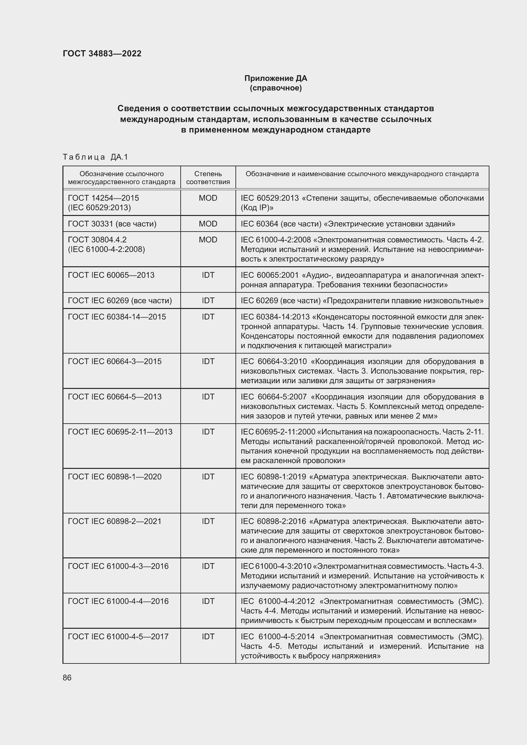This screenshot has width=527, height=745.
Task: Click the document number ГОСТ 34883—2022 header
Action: tap(102, 54)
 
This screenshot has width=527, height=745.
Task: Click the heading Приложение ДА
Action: tap(276, 78)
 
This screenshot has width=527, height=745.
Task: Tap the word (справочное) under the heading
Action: tap(276, 88)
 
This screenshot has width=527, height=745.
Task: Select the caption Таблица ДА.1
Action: tap(95, 157)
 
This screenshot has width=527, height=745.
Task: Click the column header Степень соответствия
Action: tap(208, 178)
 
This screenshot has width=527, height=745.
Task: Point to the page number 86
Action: tap(67, 677)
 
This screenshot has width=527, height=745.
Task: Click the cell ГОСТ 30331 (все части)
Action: tap(112, 224)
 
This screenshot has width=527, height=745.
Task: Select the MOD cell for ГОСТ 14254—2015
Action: tap(208, 198)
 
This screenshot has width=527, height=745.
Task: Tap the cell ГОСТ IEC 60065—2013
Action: tap(111, 275)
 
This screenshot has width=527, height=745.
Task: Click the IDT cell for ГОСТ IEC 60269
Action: tap(208, 301)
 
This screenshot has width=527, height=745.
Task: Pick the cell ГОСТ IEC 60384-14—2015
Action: tap(117, 317)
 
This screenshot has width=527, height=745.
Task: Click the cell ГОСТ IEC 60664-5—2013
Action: tap(115, 397)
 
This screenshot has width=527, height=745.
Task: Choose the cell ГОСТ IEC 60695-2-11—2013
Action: tap(120, 432)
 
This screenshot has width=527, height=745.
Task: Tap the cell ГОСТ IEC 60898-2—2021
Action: tap(115, 521)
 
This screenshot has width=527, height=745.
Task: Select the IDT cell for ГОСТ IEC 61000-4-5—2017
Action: tap(208, 637)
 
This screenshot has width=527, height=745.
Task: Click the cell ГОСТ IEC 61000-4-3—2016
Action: tap(118, 566)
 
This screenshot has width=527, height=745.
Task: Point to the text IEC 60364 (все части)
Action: tap(281, 224)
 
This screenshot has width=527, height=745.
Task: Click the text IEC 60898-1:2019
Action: tap(273, 477)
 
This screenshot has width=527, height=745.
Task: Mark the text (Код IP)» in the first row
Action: tap(257, 208)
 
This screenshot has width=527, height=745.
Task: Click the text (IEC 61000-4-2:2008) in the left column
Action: tap(106, 249)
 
